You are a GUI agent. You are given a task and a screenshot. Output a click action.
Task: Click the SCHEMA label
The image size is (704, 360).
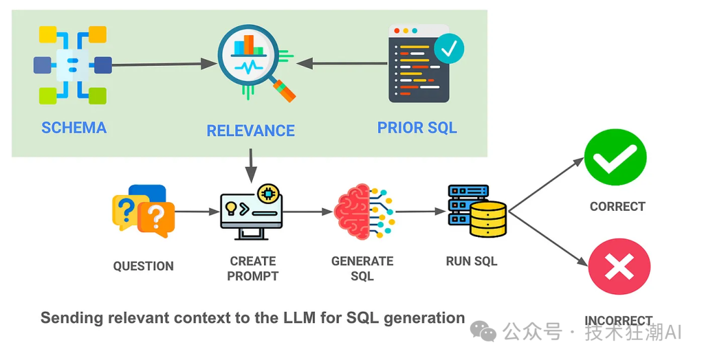click(x=74, y=127)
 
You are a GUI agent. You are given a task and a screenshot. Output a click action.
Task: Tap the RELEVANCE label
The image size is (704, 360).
click(x=250, y=130)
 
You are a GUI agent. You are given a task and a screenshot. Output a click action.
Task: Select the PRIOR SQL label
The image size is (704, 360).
click(x=417, y=127)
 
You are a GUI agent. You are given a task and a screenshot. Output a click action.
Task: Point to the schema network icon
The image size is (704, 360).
click(x=72, y=65)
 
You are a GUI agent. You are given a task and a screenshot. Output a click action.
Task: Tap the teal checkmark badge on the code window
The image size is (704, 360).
click(x=449, y=48)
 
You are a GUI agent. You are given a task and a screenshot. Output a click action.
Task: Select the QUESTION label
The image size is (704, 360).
click(x=143, y=266)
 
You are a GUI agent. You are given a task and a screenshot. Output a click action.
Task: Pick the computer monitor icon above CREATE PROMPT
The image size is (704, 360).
click(x=252, y=213)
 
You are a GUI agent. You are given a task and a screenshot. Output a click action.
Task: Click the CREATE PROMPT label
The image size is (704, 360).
click(x=253, y=268)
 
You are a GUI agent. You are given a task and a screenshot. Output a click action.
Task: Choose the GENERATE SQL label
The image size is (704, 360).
click(x=362, y=268)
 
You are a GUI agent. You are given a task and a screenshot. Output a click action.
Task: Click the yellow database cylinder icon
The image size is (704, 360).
click(x=488, y=218)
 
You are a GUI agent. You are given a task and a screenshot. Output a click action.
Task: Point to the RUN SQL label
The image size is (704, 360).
click(x=471, y=261)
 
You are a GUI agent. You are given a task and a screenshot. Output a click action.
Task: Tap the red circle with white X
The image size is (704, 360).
click(x=619, y=266)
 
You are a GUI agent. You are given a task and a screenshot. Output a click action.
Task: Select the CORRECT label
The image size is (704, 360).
click(x=617, y=206)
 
